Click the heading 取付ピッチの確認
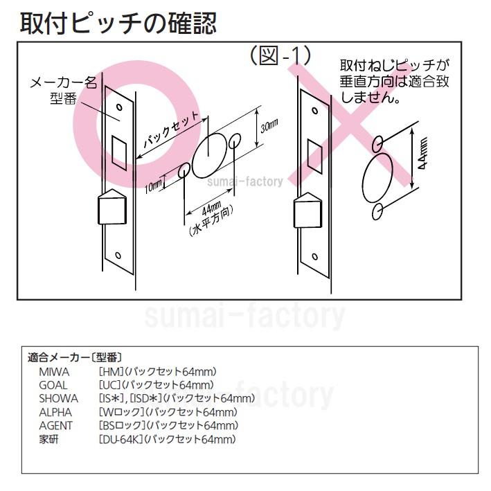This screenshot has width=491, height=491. [118, 23]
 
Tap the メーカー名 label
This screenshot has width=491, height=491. [63, 82]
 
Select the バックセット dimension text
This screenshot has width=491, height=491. [170, 128]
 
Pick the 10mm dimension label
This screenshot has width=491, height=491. [154, 185]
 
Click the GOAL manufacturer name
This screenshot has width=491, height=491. [53, 385]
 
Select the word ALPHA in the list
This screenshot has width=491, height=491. [55, 412]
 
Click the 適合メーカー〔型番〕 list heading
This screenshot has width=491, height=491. [75, 358]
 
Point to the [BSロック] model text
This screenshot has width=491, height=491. [122, 425]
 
